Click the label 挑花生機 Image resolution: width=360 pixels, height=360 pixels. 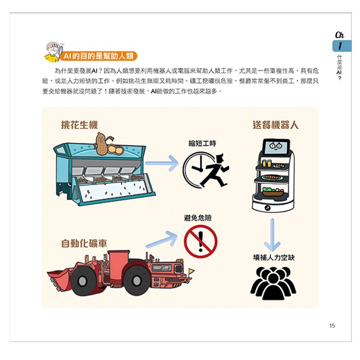[x=79, y=125]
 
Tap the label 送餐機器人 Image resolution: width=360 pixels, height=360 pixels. [x=275, y=125]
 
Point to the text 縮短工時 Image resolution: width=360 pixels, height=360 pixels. [x=202, y=143]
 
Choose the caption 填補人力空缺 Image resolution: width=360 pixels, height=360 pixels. [x=274, y=257]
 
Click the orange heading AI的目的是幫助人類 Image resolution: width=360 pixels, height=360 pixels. [x=97, y=56]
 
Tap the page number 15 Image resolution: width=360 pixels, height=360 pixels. [x=332, y=325]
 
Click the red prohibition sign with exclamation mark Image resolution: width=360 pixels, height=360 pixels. [x=201, y=241]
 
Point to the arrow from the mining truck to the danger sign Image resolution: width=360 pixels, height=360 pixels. [x=162, y=240]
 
